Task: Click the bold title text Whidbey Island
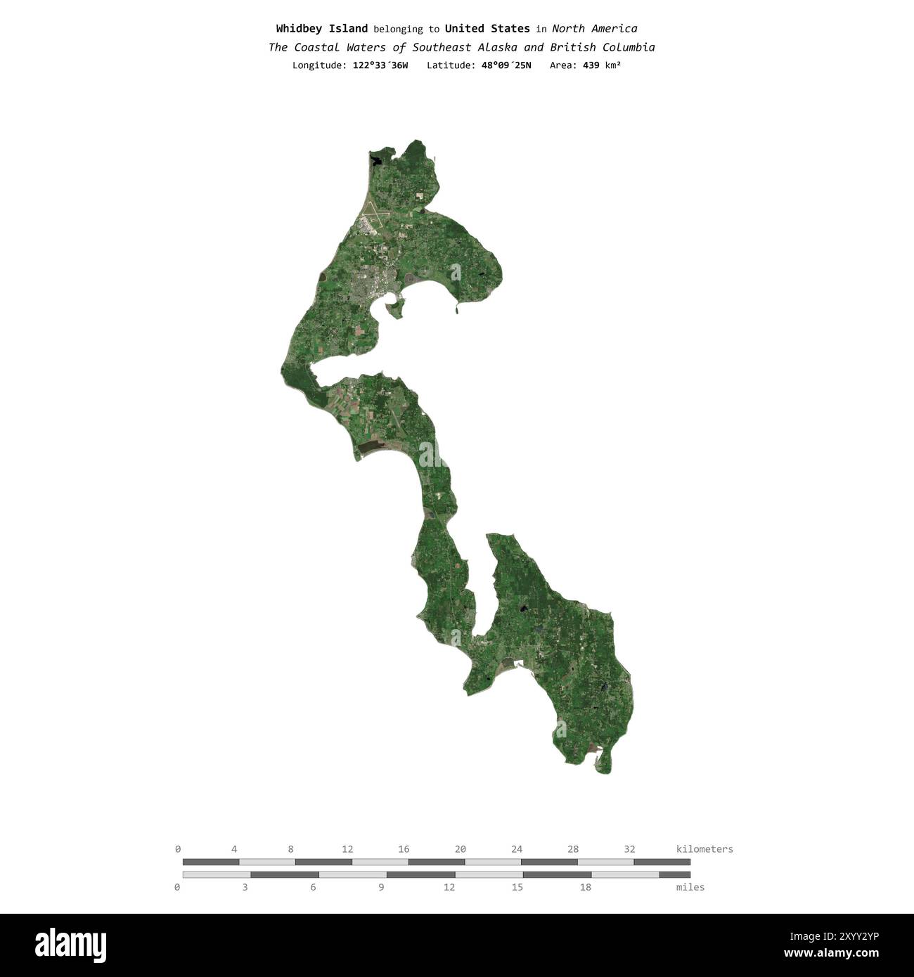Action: pos(321,29)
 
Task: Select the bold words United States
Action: pos(487,29)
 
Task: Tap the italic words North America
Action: pos(594,29)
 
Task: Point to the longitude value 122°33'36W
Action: pos(380,65)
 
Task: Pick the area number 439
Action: pos(591,65)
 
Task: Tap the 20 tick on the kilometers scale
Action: pos(460,849)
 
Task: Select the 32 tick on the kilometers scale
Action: pos(629,849)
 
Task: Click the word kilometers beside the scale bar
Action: pos(704,849)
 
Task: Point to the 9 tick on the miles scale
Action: pos(381,887)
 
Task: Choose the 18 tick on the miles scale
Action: pos(585,887)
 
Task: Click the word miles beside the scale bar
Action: pos(690,887)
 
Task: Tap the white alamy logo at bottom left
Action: pos(71,945)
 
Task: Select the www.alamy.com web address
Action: pos(831,954)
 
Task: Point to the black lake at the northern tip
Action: pos(378,160)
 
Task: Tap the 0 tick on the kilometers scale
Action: pos(178,849)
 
